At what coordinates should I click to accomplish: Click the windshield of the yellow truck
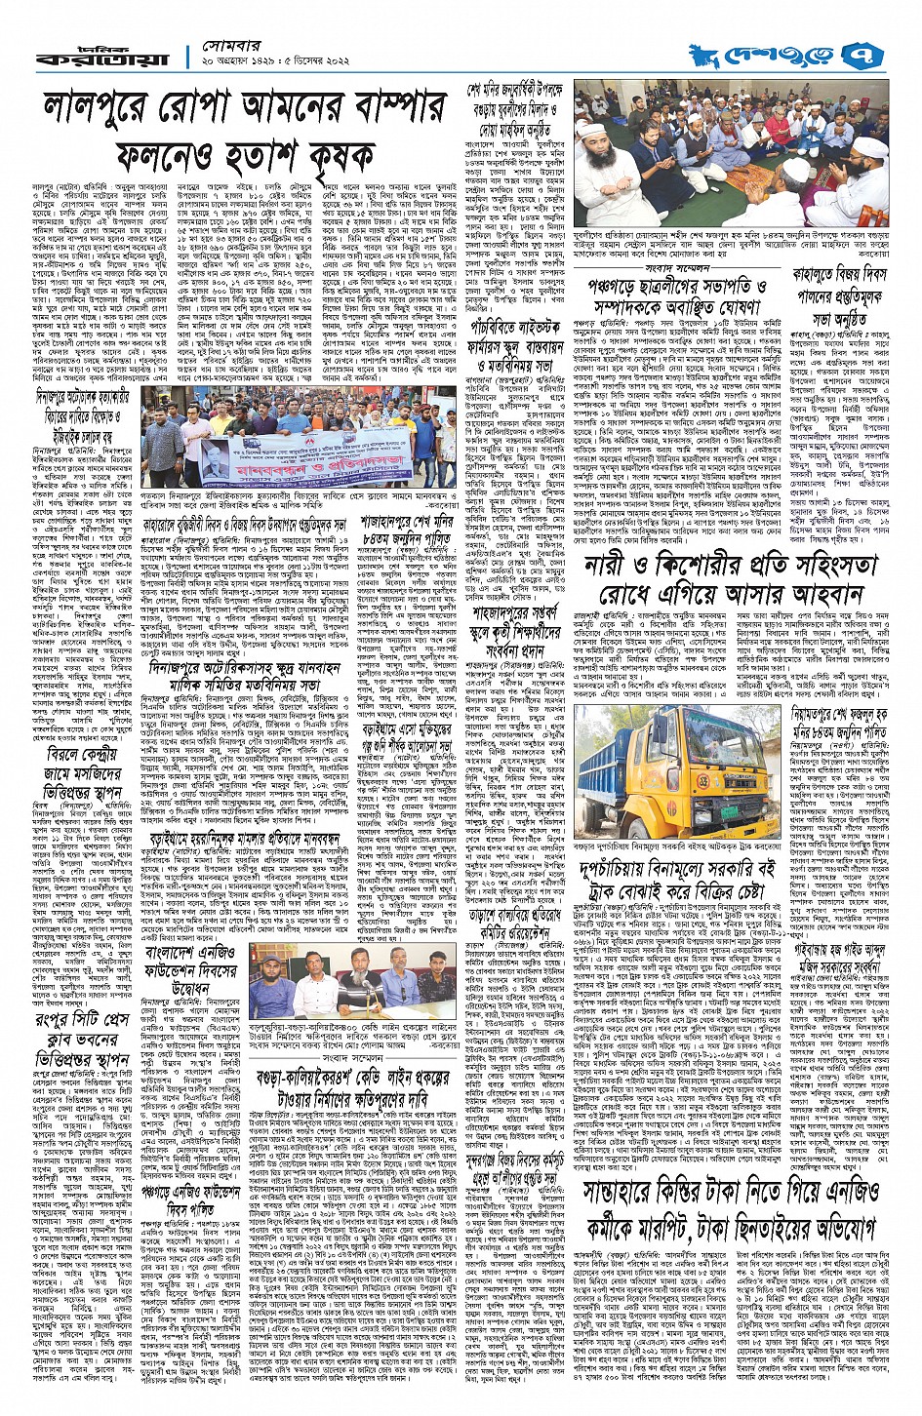(x=723, y=740)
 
